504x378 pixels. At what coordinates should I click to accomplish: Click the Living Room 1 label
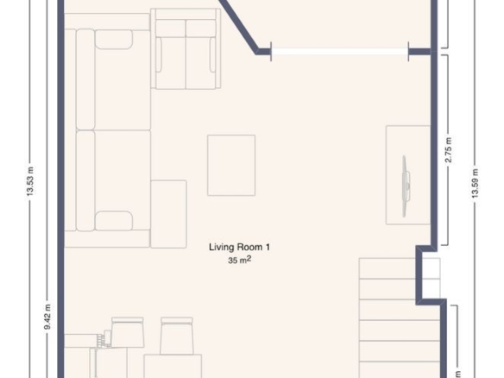239,247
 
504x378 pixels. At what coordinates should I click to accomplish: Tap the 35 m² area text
239,260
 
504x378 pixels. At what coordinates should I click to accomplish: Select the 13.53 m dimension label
30,181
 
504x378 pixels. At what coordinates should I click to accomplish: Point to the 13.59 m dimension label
475,183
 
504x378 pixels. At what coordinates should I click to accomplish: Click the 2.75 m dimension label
449,150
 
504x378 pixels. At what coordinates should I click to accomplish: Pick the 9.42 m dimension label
47,317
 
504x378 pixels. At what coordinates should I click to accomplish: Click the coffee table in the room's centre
231,165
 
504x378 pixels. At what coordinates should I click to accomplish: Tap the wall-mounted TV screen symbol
406,186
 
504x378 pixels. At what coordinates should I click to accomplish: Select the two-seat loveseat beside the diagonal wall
186,49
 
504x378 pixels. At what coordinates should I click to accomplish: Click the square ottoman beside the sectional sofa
169,214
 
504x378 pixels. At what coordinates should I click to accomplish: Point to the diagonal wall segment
239,26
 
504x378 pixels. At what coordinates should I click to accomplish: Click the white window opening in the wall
340,51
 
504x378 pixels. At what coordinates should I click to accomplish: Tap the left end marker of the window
271,51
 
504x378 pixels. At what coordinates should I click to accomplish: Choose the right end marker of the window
408,51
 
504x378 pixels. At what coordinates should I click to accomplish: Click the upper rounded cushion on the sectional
114,40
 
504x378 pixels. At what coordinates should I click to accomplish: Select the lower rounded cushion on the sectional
114,221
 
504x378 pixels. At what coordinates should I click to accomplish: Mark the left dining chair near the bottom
128,332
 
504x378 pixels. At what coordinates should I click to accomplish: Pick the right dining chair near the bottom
177,336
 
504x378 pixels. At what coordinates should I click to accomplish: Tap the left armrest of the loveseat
159,54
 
